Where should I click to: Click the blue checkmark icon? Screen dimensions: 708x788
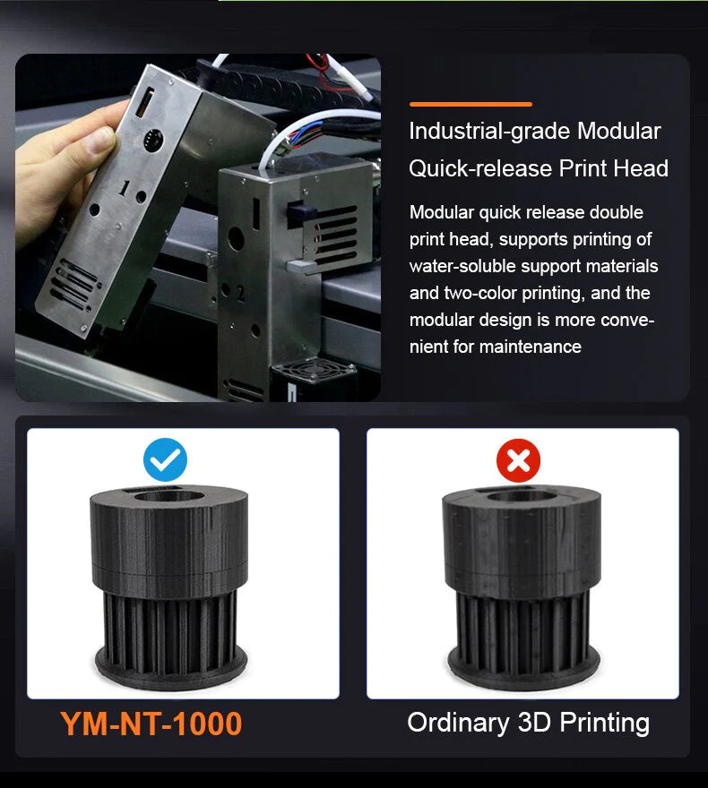tap(165, 459)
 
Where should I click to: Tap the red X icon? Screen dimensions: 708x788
tap(518, 460)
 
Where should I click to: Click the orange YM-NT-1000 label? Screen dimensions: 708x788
tap(151, 724)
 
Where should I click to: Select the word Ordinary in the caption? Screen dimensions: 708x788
tap(459, 724)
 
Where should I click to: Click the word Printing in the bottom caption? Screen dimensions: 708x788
tap(604, 724)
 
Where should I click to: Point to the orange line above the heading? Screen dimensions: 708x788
tap(471, 104)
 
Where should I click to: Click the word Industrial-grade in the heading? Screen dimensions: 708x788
tap(489, 132)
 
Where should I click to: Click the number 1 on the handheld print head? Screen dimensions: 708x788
tap(125, 188)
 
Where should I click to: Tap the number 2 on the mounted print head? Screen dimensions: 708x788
tap(240, 294)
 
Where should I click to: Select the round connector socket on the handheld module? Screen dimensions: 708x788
tap(153, 140)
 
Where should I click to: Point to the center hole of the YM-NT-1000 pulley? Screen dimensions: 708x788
tap(169, 496)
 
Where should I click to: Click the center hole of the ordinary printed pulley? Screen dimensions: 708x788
tap(522, 496)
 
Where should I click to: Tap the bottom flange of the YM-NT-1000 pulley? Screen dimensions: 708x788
tap(171, 668)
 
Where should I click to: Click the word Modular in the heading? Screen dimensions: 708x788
tap(618, 131)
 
